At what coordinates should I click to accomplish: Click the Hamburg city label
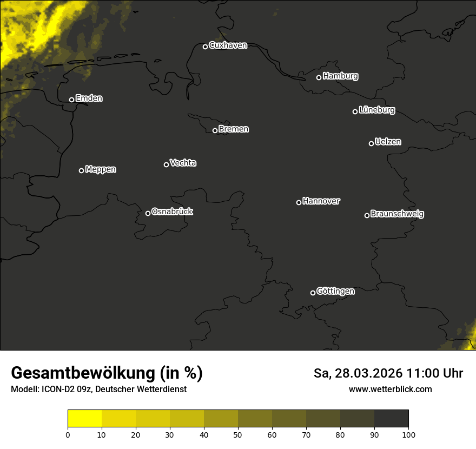tap(340, 76)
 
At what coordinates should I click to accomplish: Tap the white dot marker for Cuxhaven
tap(205, 47)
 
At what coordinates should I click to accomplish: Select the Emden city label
tap(89, 98)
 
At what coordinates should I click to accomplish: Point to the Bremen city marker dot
tap(215, 130)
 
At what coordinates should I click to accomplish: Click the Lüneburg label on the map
tap(376, 110)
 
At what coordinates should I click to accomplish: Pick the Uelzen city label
tap(388, 142)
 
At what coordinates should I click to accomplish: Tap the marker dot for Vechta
tap(166, 164)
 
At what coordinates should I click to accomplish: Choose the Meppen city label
tap(101, 169)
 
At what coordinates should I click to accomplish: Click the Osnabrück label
tap(172, 212)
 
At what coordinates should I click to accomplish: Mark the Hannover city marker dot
tap(299, 202)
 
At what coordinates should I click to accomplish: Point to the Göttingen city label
tap(335, 291)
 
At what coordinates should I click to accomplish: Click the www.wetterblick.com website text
tap(390, 389)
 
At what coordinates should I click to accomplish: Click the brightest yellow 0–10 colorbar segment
tap(85, 419)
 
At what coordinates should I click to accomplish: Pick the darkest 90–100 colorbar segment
tap(391, 419)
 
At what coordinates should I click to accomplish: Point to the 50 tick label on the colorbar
tap(238, 434)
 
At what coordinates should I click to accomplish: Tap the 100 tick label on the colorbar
tap(408, 434)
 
